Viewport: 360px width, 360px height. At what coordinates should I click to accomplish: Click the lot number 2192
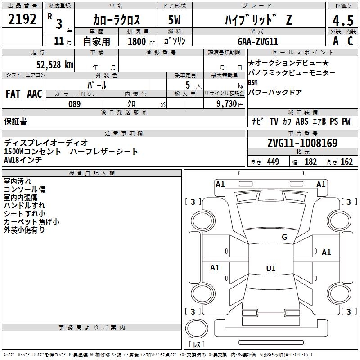click(x=22, y=19)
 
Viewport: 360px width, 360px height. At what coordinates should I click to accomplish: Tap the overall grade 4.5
click(x=343, y=20)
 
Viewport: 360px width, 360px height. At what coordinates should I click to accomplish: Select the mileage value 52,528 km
click(x=55, y=65)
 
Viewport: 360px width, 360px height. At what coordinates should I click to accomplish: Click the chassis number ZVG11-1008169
click(x=302, y=143)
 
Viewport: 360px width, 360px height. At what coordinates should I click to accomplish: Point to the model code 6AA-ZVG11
click(x=258, y=41)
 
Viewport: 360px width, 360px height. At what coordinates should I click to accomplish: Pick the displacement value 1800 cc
click(x=141, y=41)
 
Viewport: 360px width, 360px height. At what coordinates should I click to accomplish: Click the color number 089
click(x=75, y=104)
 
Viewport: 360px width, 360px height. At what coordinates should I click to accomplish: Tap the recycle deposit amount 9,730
click(x=227, y=104)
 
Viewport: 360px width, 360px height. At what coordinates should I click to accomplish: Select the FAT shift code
click(x=13, y=94)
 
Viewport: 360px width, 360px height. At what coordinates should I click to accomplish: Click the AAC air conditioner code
click(x=35, y=94)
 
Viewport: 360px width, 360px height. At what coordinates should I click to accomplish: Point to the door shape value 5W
click(x=174, y=20)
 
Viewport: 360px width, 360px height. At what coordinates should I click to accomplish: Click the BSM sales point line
click(x=253, y=82)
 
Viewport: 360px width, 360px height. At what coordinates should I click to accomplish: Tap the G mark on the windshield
click(x=284, y=237)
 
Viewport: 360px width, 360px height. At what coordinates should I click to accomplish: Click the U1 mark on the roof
click(x=271, y=268)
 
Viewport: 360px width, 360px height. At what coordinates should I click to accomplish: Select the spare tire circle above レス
click(x=197, y=328)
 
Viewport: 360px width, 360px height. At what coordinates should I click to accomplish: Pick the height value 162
click(x=346, y=162)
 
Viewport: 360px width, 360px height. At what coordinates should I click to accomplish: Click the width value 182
click(x=310, y=162)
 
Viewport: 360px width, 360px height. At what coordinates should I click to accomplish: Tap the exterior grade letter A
click(x=336, y=41)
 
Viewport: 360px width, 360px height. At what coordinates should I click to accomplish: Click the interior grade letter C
click(x=350, y=41)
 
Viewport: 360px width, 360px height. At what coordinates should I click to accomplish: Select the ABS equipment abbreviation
click(x=302, y=121)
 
